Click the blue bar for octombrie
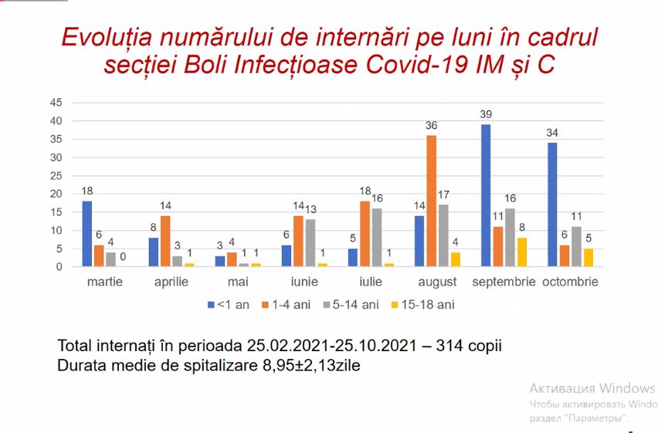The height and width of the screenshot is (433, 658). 552,205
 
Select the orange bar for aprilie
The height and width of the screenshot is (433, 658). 165,241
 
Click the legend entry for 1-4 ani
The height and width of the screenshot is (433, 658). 287,305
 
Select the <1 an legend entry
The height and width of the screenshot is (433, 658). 228,305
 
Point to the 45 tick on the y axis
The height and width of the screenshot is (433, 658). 56,103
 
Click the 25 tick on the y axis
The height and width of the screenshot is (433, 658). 56,175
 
